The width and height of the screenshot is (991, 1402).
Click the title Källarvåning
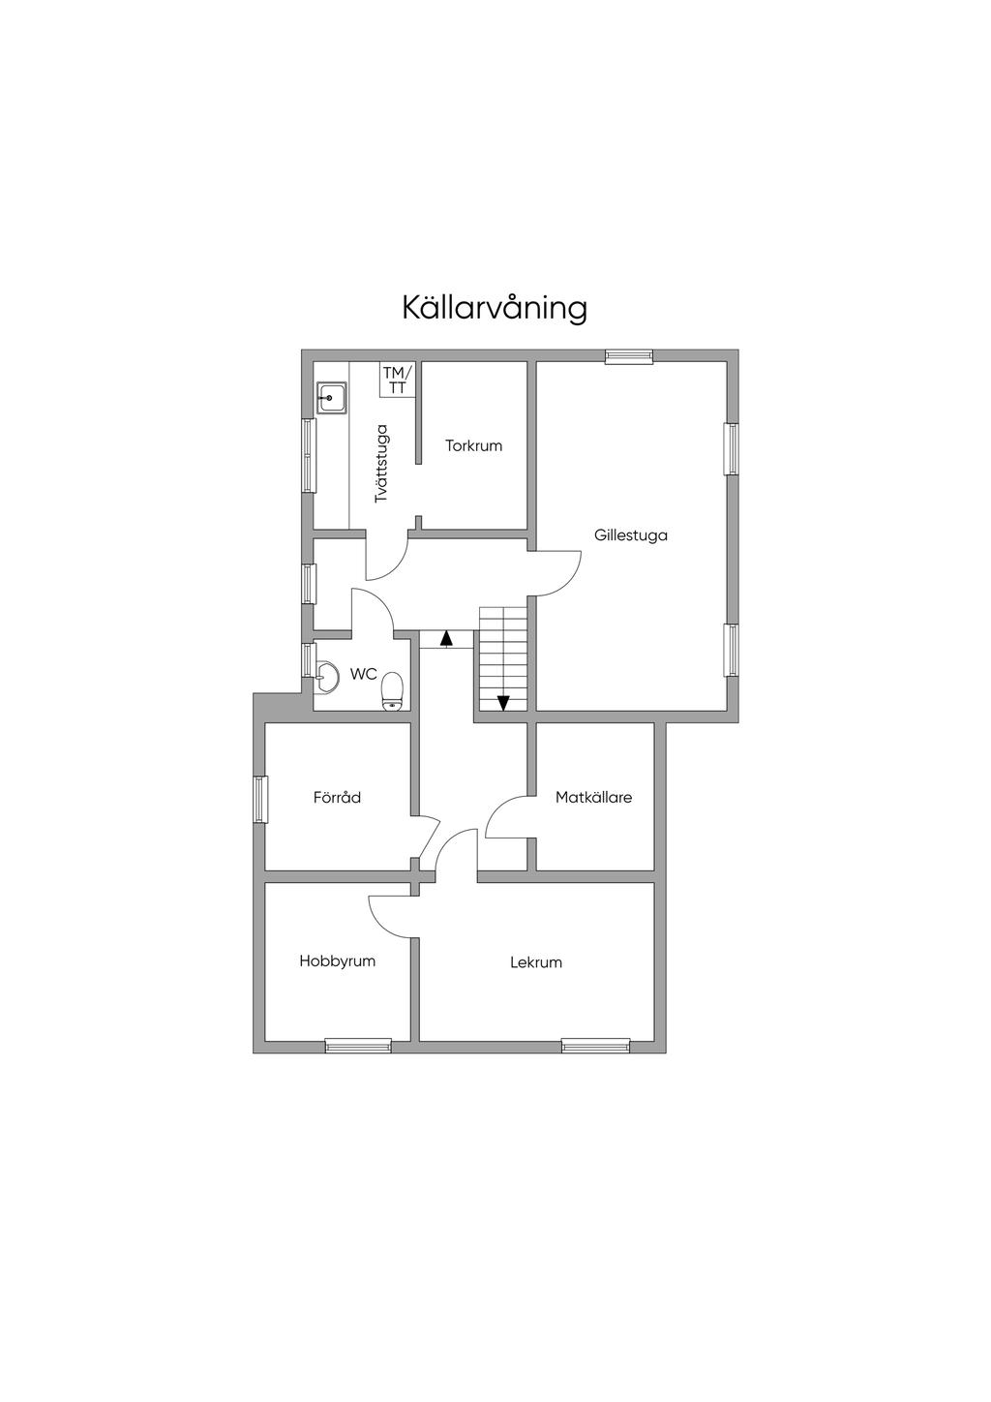pos(495,308)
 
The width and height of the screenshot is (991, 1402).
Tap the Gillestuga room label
pos(631,534)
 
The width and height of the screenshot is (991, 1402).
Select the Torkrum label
pos(473,446)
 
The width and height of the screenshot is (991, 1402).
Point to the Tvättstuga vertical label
pos(381,463)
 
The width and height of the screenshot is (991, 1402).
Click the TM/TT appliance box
pos(397,379)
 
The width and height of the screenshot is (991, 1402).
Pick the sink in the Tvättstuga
pos(331,397)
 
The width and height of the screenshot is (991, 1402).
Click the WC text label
pos(364,673)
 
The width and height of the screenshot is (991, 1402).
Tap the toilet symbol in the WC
pos(392,690)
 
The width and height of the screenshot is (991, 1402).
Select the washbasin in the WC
pos(327,677)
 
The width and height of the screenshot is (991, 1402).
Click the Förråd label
pos(337,798)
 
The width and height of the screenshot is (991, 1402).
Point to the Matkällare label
pos(593,798)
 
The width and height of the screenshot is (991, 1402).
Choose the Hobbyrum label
pos(337,961)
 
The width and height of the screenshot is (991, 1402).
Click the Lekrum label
pos(536,962)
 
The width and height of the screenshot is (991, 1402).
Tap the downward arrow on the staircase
pos(503,703)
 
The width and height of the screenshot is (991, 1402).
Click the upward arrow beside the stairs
pos(446,639)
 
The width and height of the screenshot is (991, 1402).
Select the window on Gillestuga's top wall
pos(629,356)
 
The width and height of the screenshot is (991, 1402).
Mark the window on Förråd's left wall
pos(259,800)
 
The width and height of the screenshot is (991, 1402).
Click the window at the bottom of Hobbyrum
pos(358,1046)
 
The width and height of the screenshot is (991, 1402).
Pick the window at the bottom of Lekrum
pos(595,1046)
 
